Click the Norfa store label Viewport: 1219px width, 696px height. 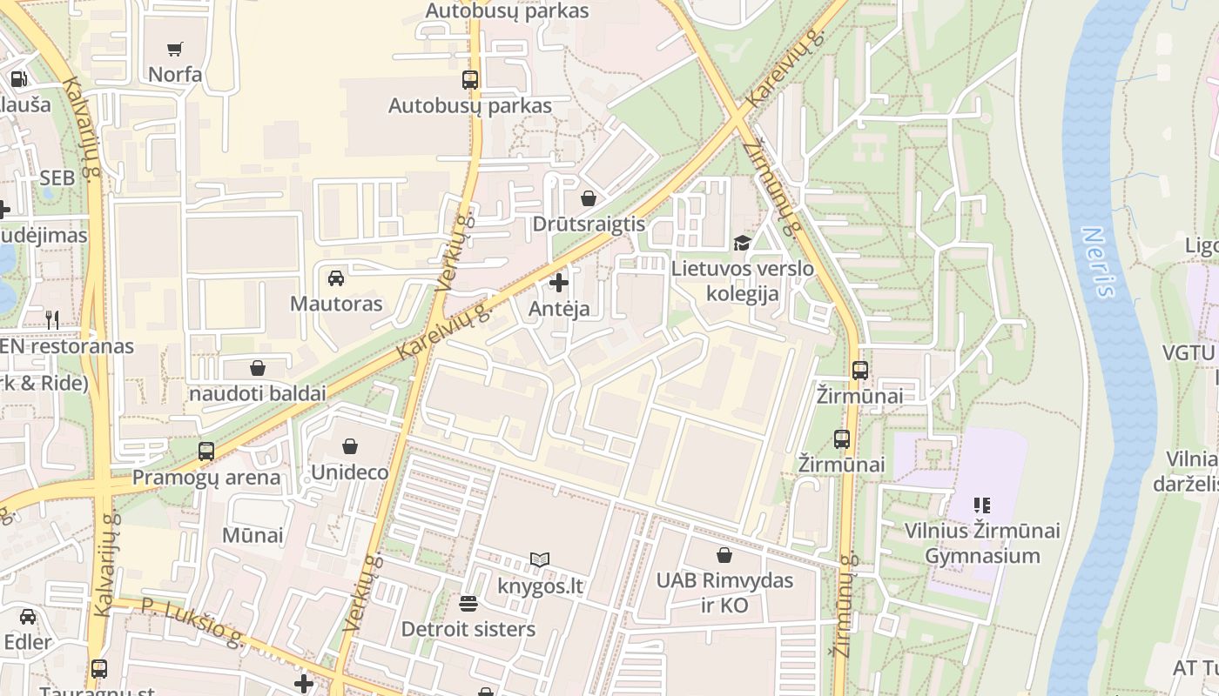coord(175,75)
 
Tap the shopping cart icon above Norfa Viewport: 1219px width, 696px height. coord(175,50)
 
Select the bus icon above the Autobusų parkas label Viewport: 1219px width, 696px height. coord(470,80)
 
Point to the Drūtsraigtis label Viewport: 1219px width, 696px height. coord(589,224)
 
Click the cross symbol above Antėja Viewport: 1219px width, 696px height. coord(559,283)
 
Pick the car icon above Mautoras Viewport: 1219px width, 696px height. coord(336,278)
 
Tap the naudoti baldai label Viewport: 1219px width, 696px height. coord(258,393)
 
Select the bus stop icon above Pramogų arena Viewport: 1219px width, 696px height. coord(206,452)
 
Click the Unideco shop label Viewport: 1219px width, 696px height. coord(349,473)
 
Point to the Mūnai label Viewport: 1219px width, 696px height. coord(253,535)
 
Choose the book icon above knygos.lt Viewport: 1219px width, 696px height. coord(540,560)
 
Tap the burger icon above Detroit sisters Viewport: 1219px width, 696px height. coord(468,603)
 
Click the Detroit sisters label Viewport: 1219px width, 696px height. coord(468,629)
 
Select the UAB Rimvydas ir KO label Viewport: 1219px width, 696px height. coord(724,592)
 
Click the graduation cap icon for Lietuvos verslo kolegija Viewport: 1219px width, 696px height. coord(742,244)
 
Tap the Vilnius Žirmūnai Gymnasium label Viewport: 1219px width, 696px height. coord(982,543)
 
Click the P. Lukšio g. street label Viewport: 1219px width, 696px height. coord(192,621)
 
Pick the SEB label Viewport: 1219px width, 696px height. coord(57,177)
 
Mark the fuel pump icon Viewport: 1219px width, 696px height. coord(18,79)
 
